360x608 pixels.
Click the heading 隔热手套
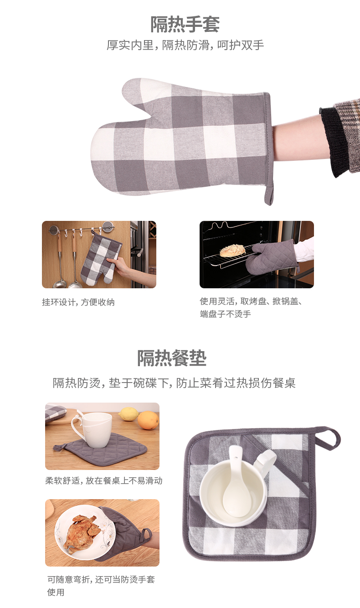click(185, 25)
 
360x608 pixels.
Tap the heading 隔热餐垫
click(172, 358)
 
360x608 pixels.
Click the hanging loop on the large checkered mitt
click(269, 195)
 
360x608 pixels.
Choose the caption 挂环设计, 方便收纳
click(78, 302)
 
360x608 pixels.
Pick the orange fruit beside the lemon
click(148, 420)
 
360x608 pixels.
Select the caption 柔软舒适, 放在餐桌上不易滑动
click(104, 480)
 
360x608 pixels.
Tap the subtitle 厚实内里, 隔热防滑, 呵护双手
click(185, 45)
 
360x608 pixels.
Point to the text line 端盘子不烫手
click(225, 314)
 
